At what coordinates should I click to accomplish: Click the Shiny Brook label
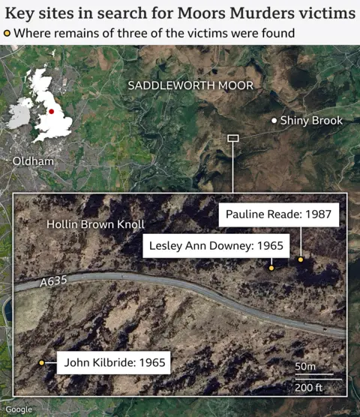click(x=311, y=121)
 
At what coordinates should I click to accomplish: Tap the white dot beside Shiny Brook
click(x=274, y=121)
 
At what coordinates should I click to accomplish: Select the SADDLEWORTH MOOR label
click(x=190, y=85)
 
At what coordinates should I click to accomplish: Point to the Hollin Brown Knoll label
click(x=95, y=224)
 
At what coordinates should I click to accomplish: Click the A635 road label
click(x=53, y=280)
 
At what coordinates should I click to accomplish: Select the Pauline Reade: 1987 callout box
click(x=283, y=214)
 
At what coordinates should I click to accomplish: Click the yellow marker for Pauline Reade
click(x=301, y=259)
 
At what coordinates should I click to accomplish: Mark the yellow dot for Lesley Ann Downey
click(x=271, y=267)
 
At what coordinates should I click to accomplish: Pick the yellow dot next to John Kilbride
click(x=42, y=363)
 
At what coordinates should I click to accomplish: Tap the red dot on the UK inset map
click(x=52, y=111)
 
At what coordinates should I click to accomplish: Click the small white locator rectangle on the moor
click(x=232, y=138)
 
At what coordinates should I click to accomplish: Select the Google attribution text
click(x=19, y=409)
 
